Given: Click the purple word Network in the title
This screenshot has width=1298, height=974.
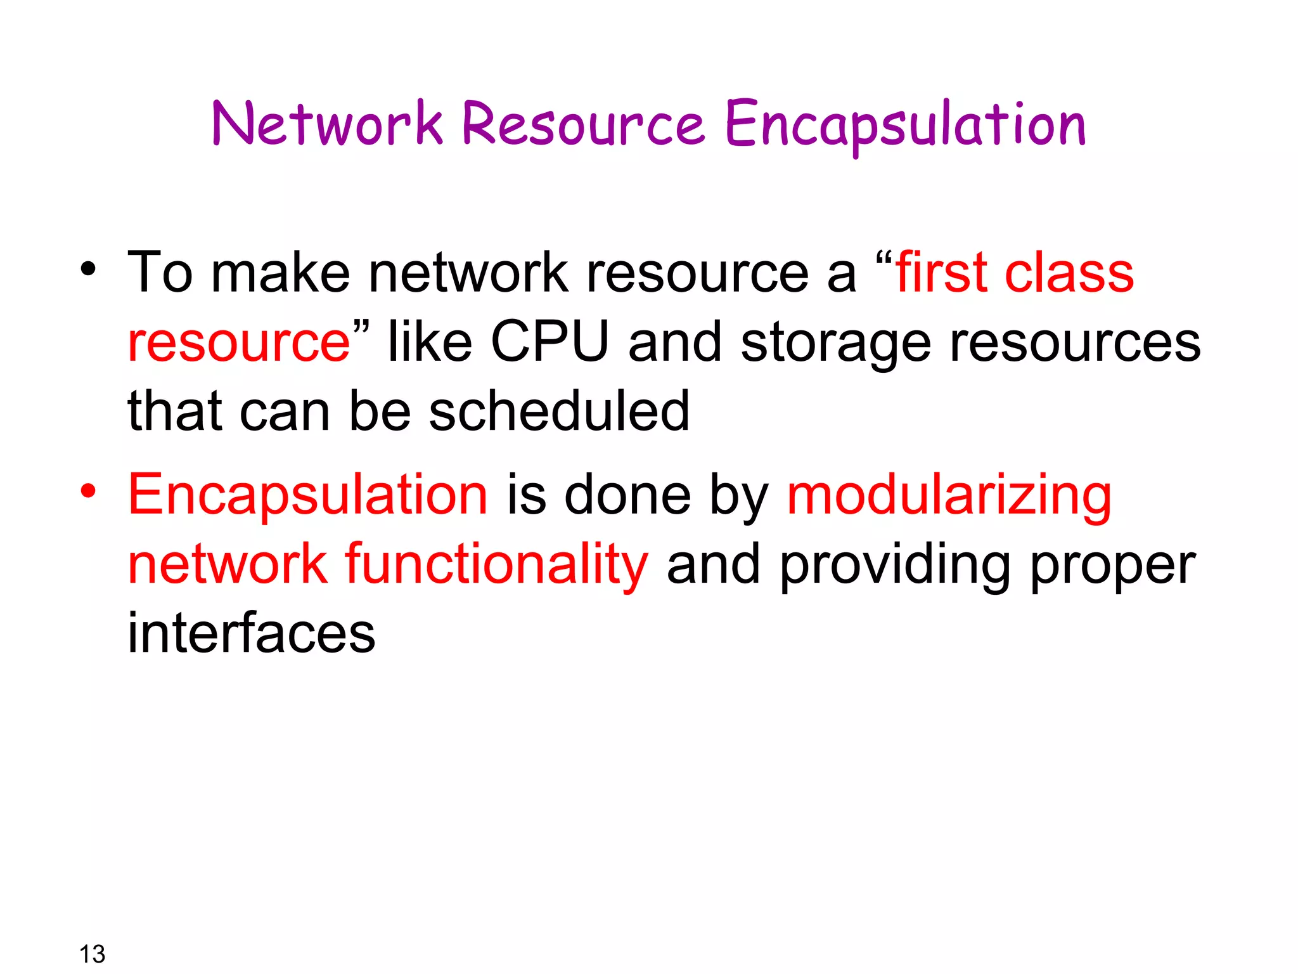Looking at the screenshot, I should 327,124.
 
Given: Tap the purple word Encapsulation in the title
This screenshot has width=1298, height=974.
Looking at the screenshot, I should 905,125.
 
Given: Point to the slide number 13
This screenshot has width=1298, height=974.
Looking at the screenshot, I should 92,954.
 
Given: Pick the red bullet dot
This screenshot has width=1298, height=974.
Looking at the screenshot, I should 88,491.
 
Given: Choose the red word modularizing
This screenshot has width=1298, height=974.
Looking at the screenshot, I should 949,497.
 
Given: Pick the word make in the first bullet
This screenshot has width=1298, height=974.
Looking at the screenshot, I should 280,273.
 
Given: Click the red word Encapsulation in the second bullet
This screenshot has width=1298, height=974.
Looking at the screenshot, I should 308,497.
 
